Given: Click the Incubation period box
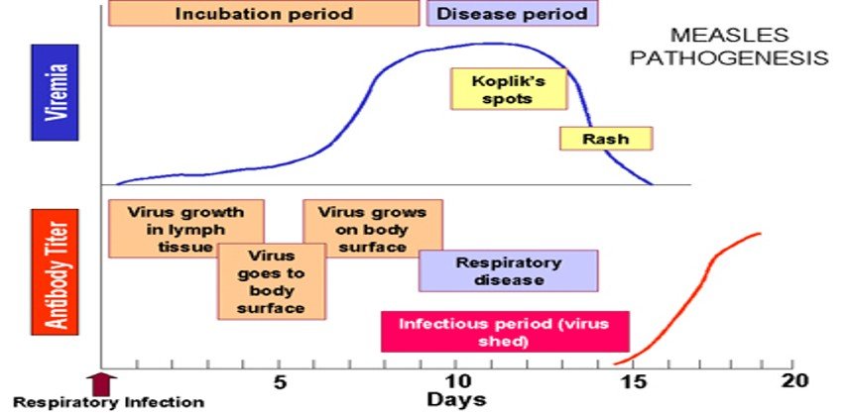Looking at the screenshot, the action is coord(264,13).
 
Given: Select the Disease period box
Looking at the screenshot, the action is coord(512,13).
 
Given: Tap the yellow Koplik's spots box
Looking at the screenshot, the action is coord(509,89).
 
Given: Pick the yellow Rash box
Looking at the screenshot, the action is coord(606,139).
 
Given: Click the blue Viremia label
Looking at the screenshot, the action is coord(55,92).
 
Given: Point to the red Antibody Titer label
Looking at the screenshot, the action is coord(55,272).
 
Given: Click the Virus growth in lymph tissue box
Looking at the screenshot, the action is coord(186,229).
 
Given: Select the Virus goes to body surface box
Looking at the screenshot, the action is coord(272,281).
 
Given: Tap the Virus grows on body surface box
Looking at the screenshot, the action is coord(373,229).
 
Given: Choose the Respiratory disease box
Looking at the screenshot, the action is coord(509,271).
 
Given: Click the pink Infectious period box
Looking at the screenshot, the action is coord(505,332).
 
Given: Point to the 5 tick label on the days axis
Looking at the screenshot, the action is coord(279,382).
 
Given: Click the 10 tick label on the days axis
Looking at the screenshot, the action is coord(456,382).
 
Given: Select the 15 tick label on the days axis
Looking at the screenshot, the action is coord(634,382).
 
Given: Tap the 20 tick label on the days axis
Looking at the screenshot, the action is coord(795,381).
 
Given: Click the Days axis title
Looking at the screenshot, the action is coord(456,400).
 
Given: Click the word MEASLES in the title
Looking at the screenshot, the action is coord(729,36).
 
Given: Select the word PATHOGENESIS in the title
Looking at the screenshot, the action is coord(729,57).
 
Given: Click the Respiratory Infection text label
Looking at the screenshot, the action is coord(109,403).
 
